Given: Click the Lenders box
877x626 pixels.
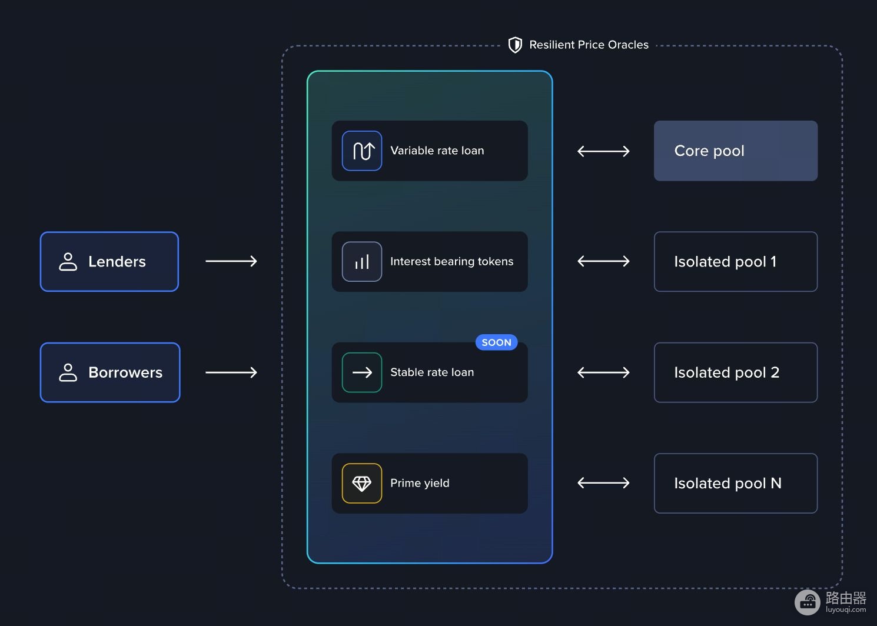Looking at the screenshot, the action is click(109, 261).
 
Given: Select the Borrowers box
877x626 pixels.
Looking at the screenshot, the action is click(110, 372).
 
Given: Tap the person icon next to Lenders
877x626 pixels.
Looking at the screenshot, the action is click(68, 261).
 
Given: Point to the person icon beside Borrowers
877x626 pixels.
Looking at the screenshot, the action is click(68, 372).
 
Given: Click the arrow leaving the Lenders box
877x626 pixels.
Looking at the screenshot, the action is click(231, 261).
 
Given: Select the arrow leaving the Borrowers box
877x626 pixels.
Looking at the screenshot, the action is click(231, 372).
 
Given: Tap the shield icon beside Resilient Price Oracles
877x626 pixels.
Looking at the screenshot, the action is click(515, 45).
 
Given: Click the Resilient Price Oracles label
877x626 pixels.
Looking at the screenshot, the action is click(589, 45).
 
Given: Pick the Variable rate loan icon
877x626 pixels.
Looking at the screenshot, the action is click(362, 151).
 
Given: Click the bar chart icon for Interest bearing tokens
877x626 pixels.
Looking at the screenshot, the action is click(362, 261).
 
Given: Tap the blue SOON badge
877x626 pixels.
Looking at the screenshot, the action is click(496, 342).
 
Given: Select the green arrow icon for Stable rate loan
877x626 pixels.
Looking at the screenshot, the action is click(362, 372).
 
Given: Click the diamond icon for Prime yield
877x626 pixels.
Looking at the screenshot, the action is click(362, 483).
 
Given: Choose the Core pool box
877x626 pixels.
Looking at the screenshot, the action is click(736, 151).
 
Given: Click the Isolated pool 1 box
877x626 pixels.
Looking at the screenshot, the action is click(736, 261).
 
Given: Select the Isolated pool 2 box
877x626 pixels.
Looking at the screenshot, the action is click(736, 372).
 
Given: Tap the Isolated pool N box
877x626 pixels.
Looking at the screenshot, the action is click(736, 483).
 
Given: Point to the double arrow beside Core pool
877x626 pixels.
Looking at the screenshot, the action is click(603, 151).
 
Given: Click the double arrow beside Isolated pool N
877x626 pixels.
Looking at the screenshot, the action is click(603, 483).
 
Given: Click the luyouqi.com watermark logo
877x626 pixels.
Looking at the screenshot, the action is click(808, 602).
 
